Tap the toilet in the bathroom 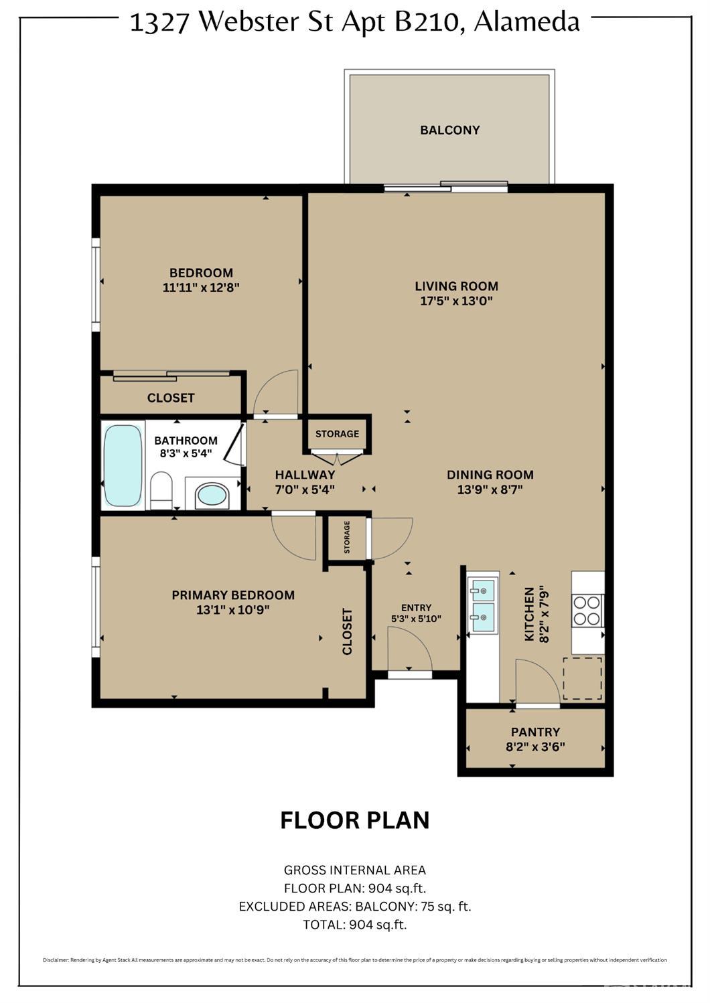pyautogui.click(x=161, y=490)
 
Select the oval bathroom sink pyautogui.click(x=212, y=495)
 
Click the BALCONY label pyautogui.click(x=449, y=130)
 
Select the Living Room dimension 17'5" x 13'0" pyautogui.click(x=456, y=301)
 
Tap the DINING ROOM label pyautogui.click(x=490, y=475)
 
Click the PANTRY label pyautogui.click(x=535, y=732)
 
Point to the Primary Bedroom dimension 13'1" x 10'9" pyautogui.click(x=233, y=610)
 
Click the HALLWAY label pyautogui.click(x=305, y=475)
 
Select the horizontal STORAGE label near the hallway pyautogui.click(x=337, y=434)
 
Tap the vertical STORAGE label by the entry pyautogui.click(x=347, y=537)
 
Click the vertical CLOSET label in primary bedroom pyautogui.click(x=347, y=631)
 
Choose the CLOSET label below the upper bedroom pyautogui.click(x=171, y=398)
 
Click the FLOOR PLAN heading pyautogui.click(x=354, y=820)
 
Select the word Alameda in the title pyautogui.click(x=526, y=22)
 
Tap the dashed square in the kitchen pyautogui.click(x=582, y=678)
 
